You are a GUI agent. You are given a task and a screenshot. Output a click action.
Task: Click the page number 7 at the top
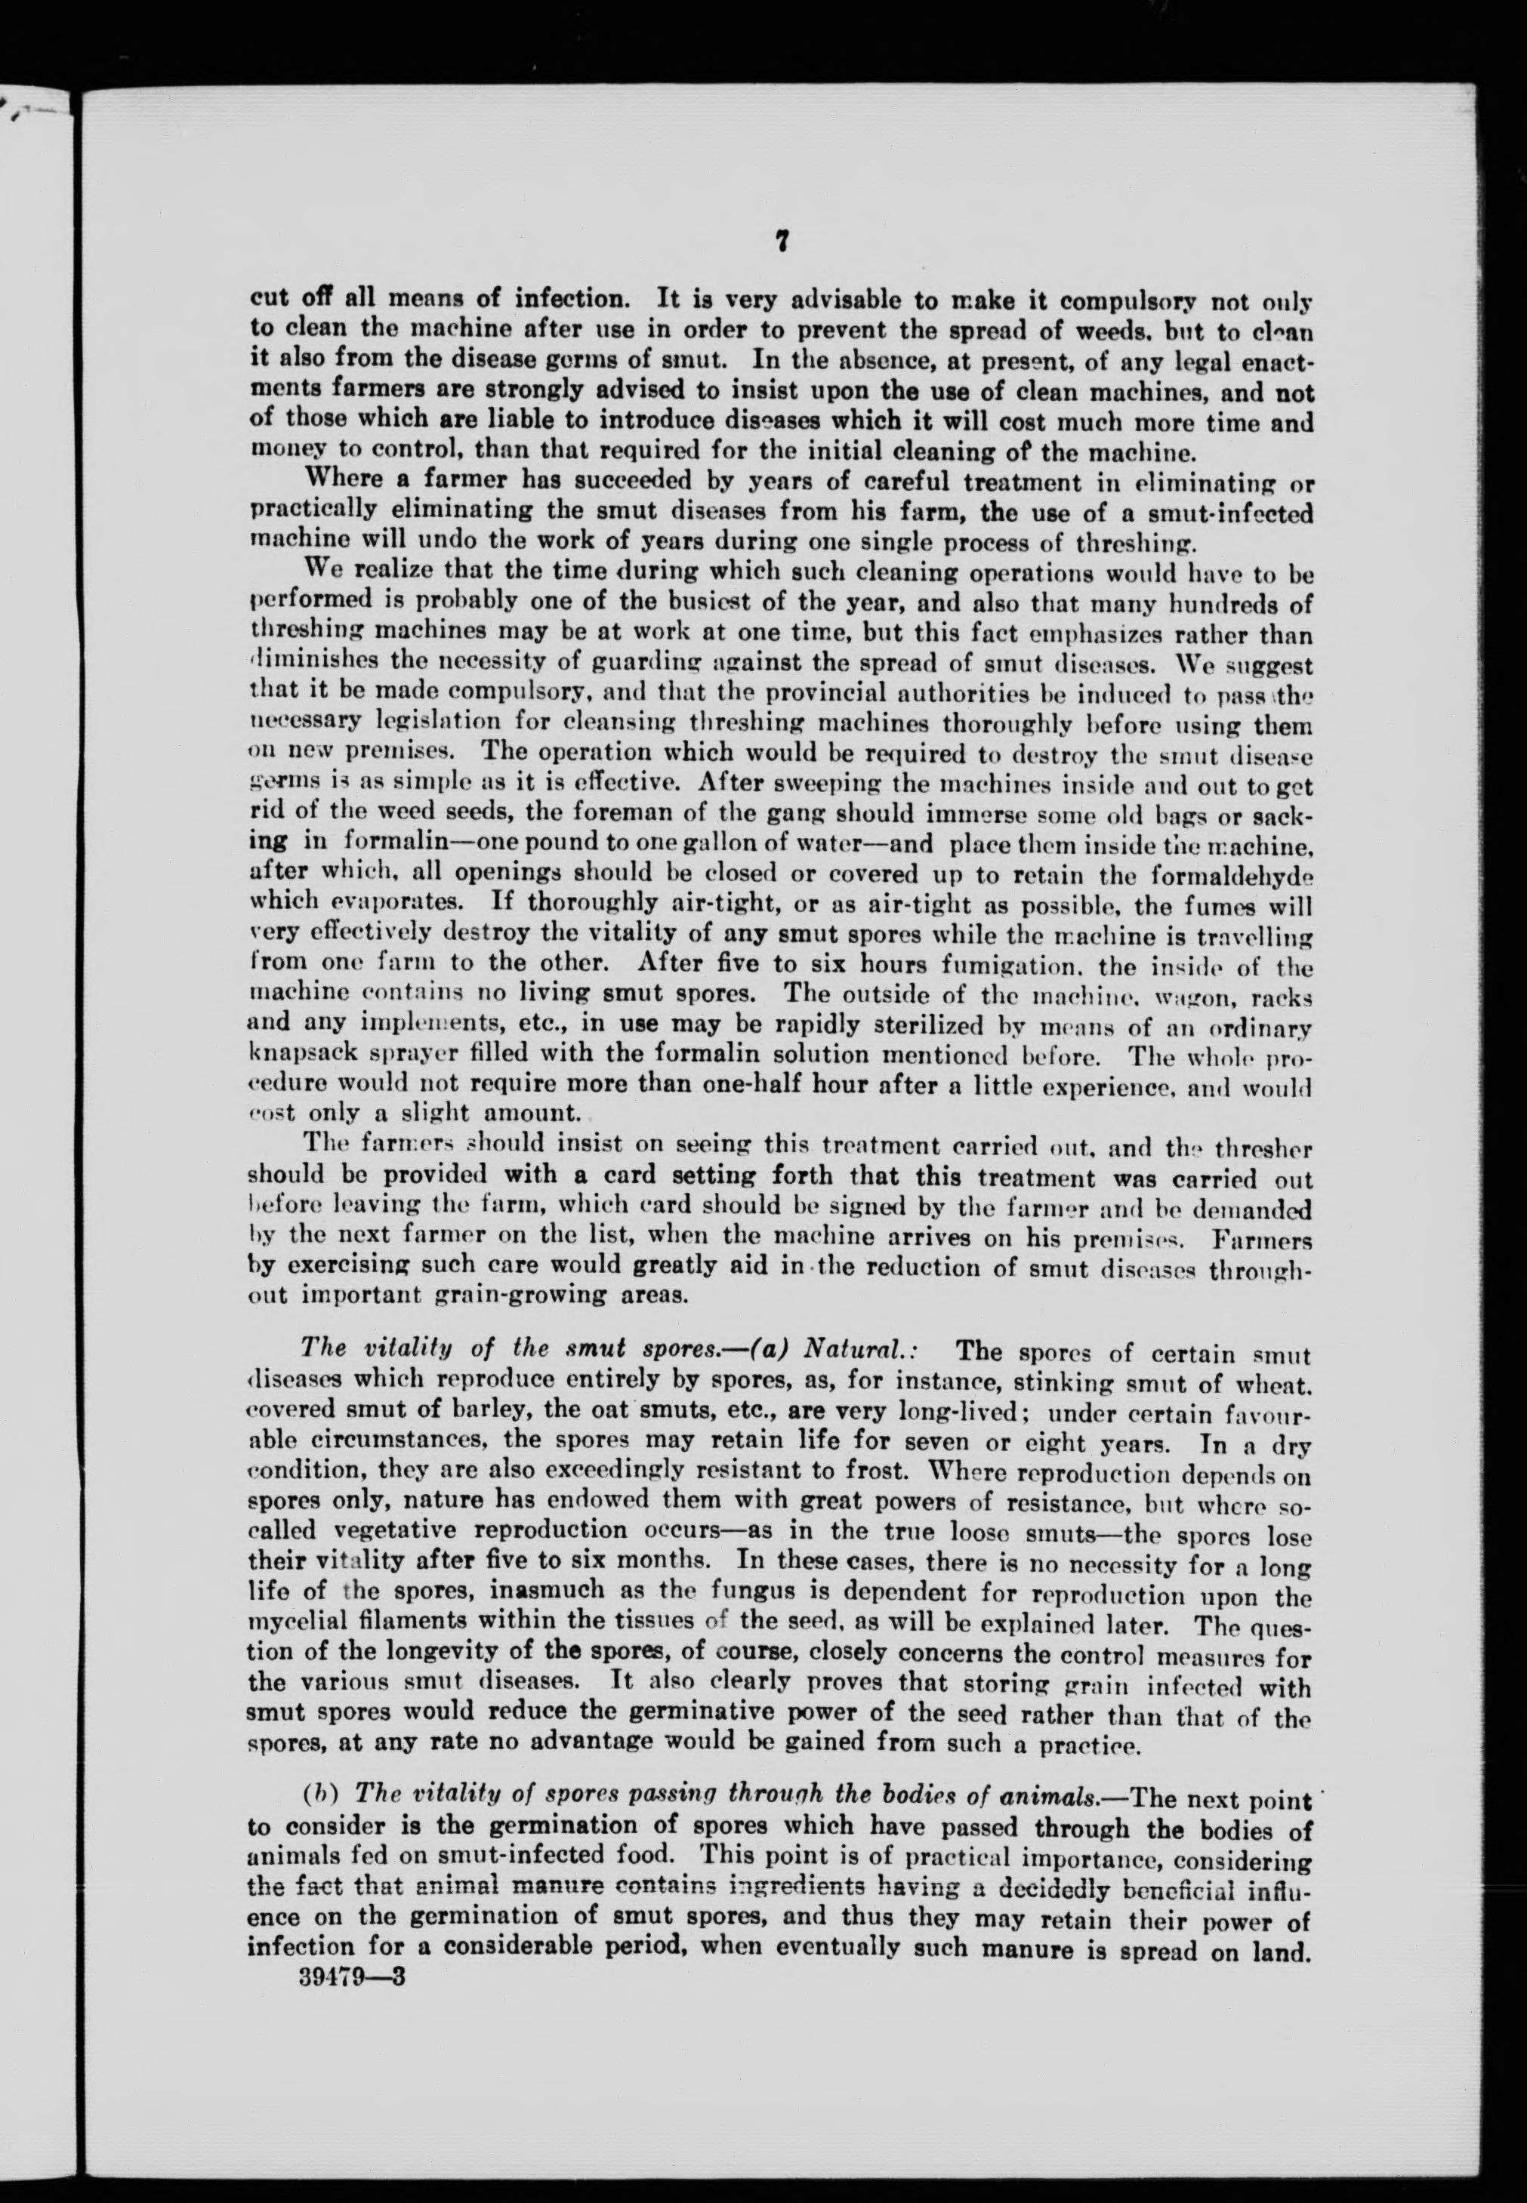(x=782, y=244)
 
